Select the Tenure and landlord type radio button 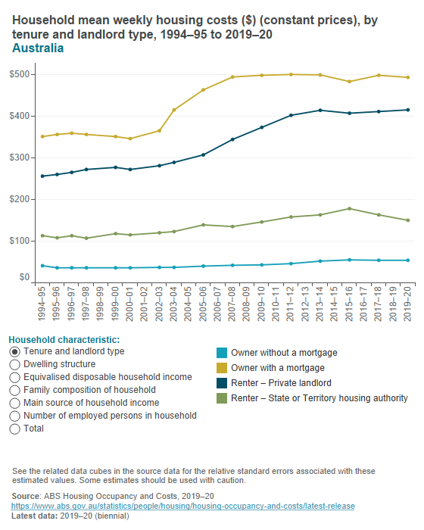(15, 351)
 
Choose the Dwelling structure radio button (15, 364)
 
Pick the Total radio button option (15, 429)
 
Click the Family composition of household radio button (15, 390)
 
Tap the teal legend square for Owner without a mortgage (221, 353)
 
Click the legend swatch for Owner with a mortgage (221, 368)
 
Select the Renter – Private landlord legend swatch (221, 383)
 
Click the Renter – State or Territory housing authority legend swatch (221, 398)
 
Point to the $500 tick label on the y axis (20, 74)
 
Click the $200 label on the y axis (20, 199)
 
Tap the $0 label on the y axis (25, 278)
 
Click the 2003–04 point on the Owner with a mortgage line (174, 110)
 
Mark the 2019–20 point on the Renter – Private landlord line (408, 110)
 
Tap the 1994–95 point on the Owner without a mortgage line (42, 265)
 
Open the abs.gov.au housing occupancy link (183, 506)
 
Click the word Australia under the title (38, 48)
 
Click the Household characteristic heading (64, 339)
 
